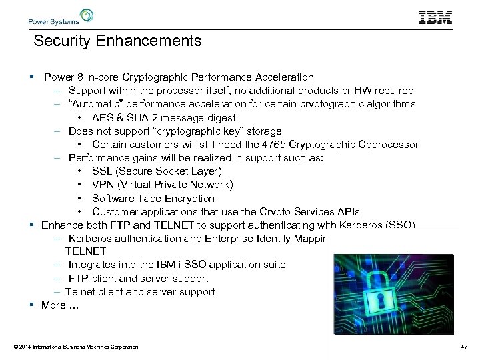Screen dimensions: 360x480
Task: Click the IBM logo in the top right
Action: pos(435,17)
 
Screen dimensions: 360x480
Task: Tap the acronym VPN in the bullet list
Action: pos(103,185)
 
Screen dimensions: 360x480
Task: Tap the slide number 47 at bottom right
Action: pos(464,347)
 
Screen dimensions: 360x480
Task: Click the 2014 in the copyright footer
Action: pos(24,347)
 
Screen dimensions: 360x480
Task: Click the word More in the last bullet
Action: pos(53,305)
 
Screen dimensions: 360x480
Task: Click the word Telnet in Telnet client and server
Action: pos(80,291)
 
